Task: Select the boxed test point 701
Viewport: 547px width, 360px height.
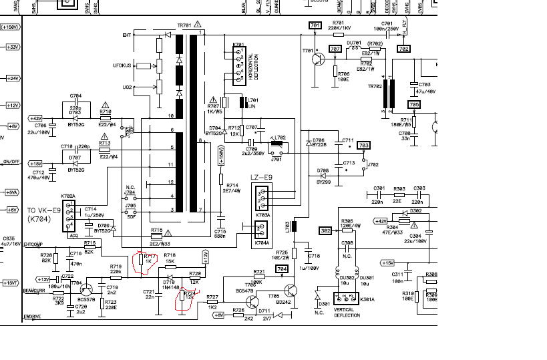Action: pos(315,25)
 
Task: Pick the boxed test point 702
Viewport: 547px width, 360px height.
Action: pos(403,48)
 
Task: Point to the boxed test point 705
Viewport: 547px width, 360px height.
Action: pos(414,105)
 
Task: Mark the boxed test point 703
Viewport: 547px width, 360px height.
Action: pos(364,144)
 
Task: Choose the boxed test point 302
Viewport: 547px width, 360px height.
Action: pos(325,230)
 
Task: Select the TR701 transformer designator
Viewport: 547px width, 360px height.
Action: pos(184,25)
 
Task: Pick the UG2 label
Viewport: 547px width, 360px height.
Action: pos(125,87)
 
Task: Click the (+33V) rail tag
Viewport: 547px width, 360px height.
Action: pos(13,47)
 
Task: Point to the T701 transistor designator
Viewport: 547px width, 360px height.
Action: pos(307,51)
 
